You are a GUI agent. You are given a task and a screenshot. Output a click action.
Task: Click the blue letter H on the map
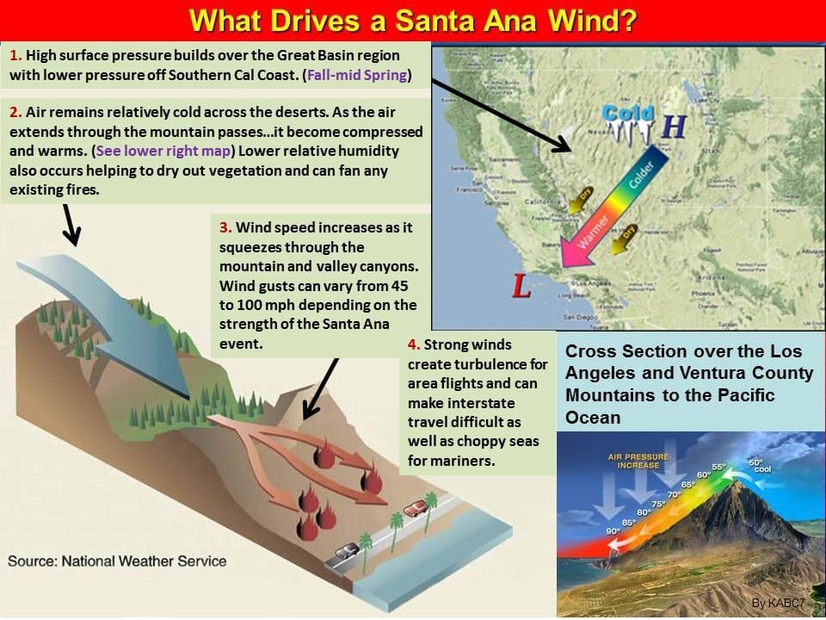(x=674, y=127)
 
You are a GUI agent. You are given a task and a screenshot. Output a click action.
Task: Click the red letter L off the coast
(x=521, y=287)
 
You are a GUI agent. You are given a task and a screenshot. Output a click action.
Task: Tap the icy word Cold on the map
(x=628, y=115)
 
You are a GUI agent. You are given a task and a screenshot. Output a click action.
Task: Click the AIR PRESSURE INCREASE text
(x=633, y=461)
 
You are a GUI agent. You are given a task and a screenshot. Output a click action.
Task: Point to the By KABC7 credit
(x=781, y=604)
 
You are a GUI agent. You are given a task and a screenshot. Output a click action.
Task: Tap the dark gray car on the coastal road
(x=347, y=550)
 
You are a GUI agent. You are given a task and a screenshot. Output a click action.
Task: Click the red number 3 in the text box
(x=224, y=228)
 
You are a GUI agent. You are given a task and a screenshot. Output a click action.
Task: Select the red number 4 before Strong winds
(x=414, y=344)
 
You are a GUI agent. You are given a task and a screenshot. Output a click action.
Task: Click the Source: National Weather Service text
(x=117, y=561)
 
